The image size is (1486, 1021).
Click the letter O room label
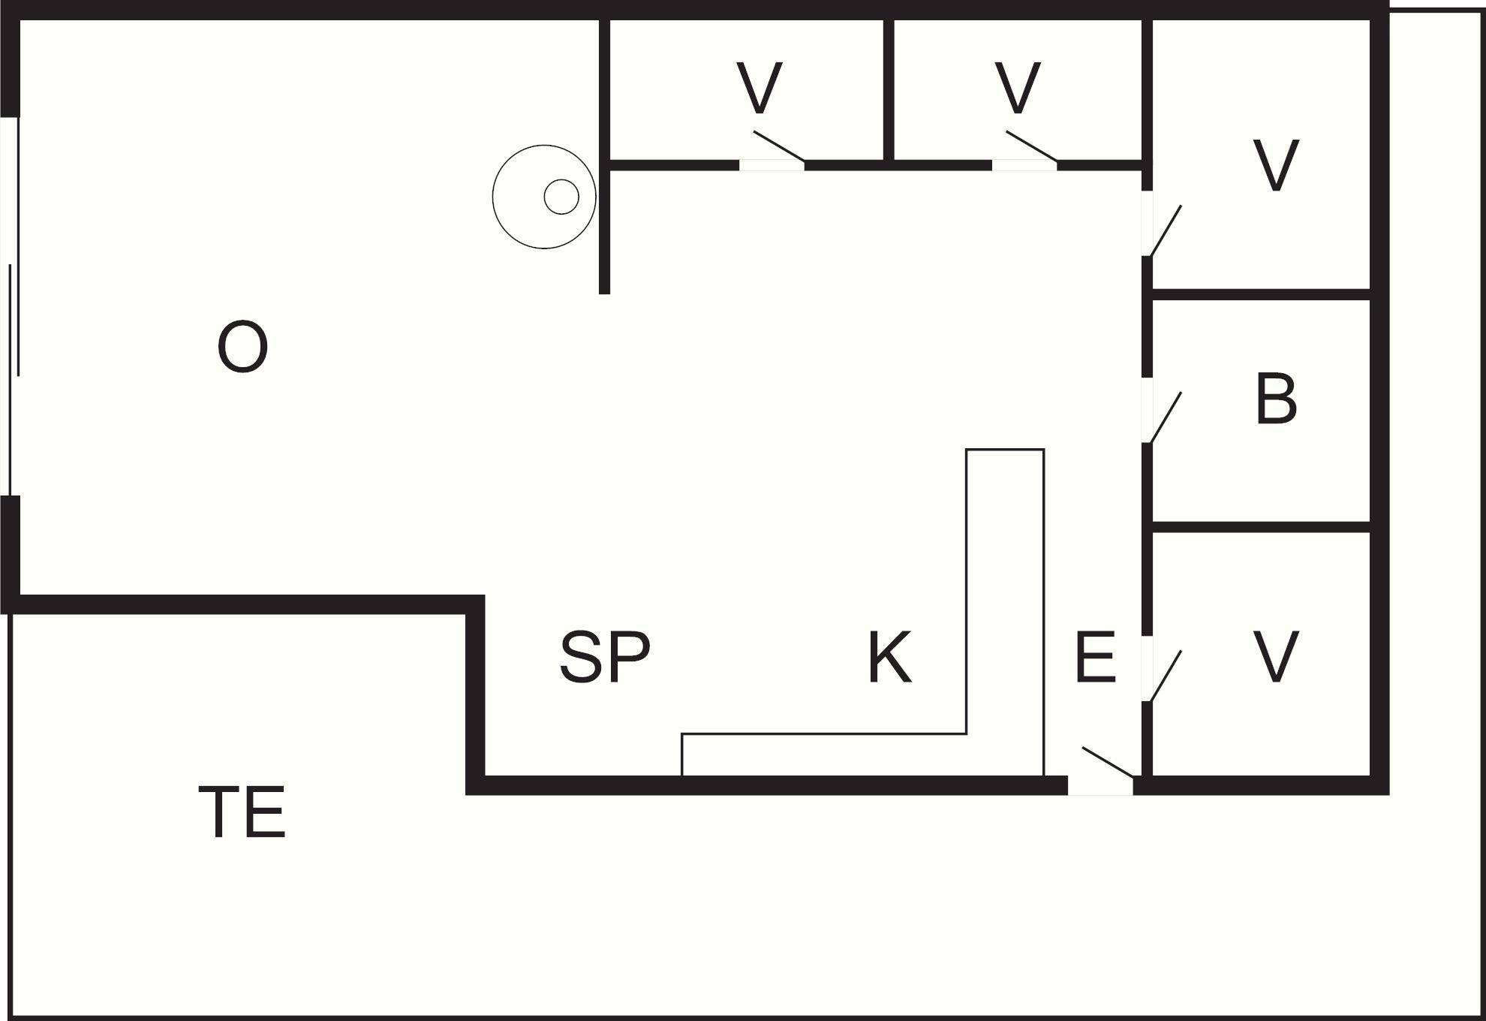click(x=242, y=347)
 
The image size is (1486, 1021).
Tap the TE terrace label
click(x=242, y=812)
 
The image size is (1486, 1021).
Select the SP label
click(x=605, y=657)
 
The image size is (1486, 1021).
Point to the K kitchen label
click(x=889, y=658)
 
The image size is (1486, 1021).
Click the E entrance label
click(x=1095, y=658)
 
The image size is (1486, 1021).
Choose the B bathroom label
click(x=1276, y=399)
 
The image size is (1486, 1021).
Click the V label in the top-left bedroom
click(x=760, y=89)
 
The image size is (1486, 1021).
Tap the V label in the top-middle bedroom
click(x=1018, y=89)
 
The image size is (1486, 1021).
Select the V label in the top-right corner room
click(x=1276, y=165)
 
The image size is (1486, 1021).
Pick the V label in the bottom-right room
click(x=1276, y=657)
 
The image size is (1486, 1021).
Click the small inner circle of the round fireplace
click(x=561, y=197)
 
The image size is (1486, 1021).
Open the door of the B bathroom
click(x=1165, y=417)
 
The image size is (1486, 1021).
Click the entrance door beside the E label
click(x=1107, y=762)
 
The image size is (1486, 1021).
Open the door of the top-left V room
click(x=778, y=146)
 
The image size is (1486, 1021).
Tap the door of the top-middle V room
click(x=1031, y=146)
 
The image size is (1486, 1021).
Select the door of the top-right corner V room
click(x=1165, y=230)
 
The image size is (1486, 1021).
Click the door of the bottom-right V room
click(x=1165, y=676)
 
